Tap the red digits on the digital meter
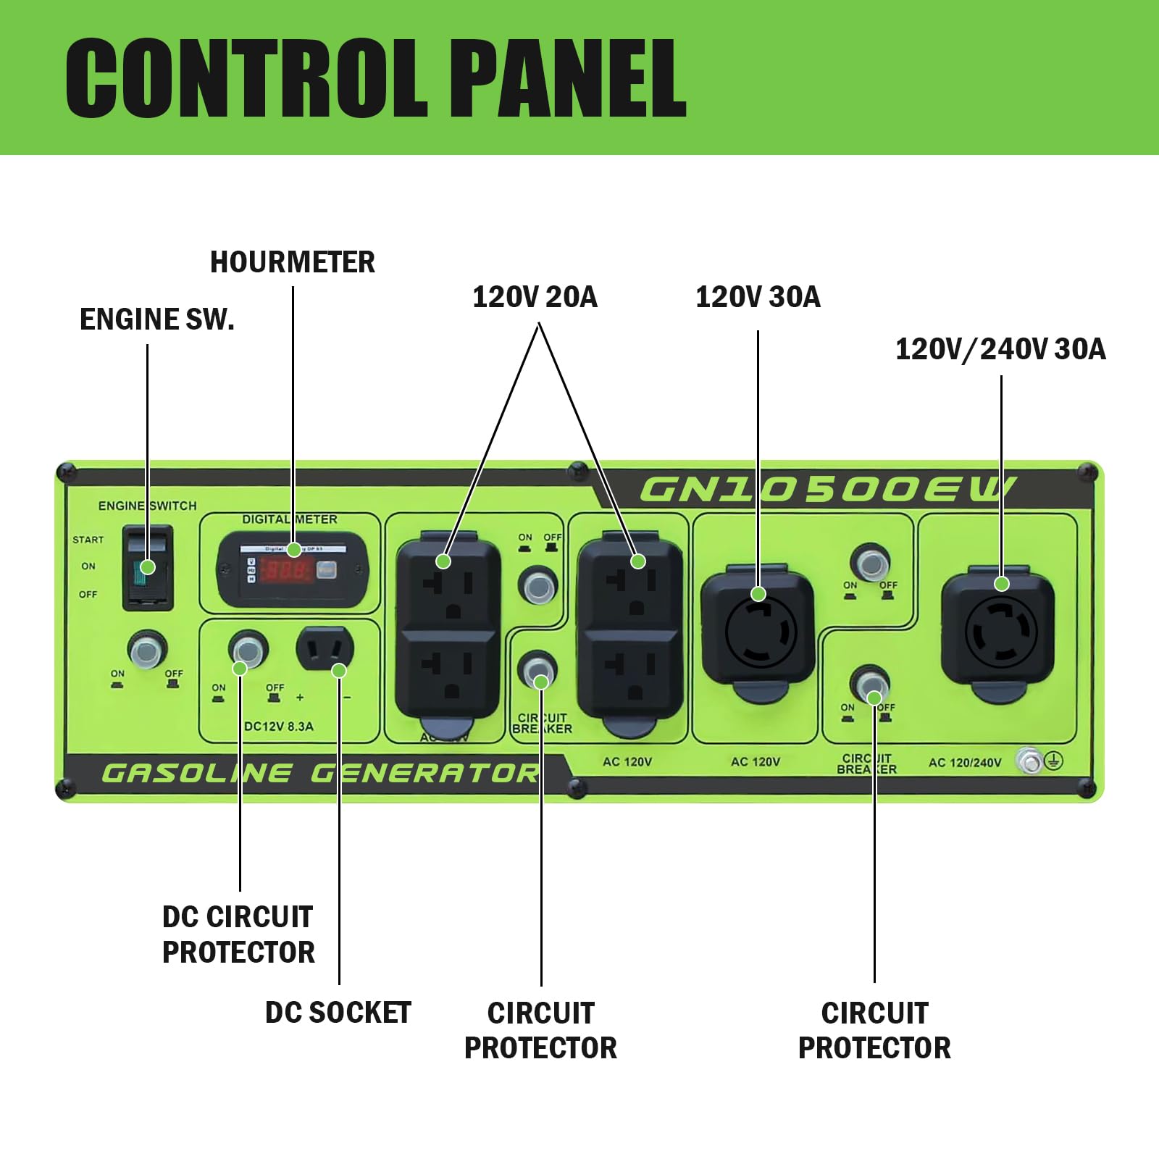tap(287, 571)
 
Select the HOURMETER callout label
tap(293, 262)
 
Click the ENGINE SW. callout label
tap(157, 319)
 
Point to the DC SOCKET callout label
tap(338, 1013)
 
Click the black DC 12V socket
tap(325, 649)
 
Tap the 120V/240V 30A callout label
tap(1000, 349)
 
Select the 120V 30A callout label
tap(758, 297)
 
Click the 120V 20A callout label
tap(535, 297)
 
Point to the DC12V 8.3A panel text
tap(279, 727)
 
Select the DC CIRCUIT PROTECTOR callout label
tap(238, 934)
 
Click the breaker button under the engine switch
tap(147, 650)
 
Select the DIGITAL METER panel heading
tap(290, 519)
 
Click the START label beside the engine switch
tap(88, 540)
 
